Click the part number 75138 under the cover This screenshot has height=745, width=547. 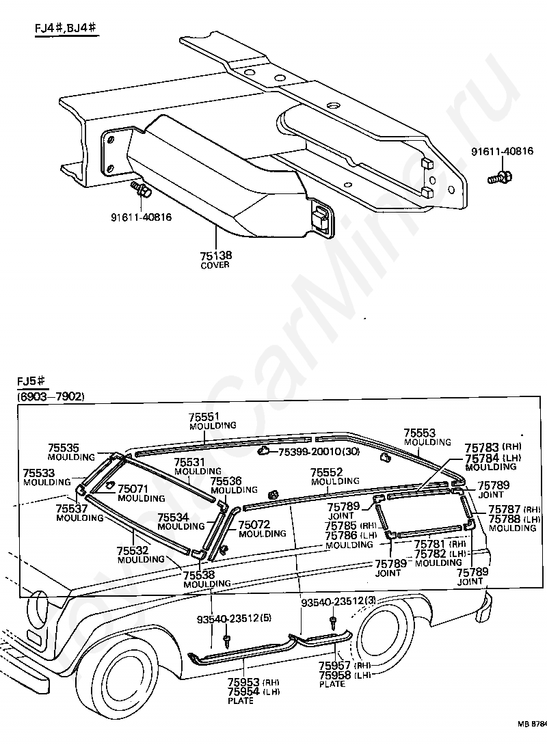216,255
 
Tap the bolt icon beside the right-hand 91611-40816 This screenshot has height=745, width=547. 500,177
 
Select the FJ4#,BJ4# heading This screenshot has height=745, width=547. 66,29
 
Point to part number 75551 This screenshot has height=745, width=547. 205,417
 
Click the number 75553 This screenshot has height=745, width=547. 420,433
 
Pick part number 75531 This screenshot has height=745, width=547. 189,462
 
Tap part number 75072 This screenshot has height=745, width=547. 254,524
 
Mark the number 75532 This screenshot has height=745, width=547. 133,551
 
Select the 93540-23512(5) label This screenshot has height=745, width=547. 235,619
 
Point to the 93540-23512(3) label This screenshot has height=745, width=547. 339,601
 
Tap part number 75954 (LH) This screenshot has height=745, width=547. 253,691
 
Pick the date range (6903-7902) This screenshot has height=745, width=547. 50,396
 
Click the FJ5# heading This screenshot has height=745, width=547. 31,381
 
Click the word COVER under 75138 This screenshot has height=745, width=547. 215,265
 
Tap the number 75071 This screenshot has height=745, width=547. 133,489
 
